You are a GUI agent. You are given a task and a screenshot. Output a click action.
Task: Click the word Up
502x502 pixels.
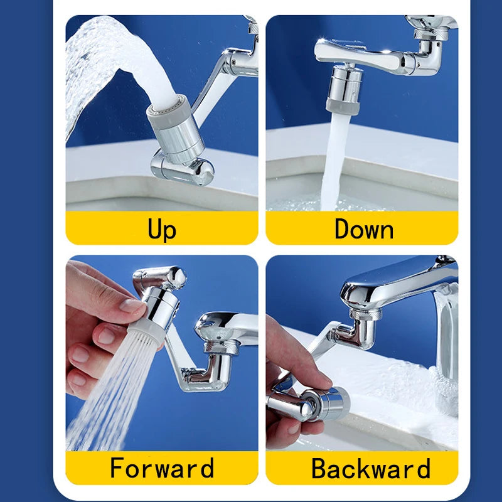coord(162,229)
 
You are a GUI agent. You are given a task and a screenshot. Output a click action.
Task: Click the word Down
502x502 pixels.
coord(364,229)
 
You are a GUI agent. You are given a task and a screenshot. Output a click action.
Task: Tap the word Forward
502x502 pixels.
coord(162,468)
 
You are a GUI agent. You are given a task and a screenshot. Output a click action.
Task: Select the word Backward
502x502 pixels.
coord(371,469)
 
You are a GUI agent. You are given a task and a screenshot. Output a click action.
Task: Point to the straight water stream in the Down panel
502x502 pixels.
coord(332,163)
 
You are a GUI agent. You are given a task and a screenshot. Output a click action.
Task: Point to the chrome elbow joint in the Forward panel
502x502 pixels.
coord(207,370)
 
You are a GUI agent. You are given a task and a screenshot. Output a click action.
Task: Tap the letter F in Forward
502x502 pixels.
coord(117,468)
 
